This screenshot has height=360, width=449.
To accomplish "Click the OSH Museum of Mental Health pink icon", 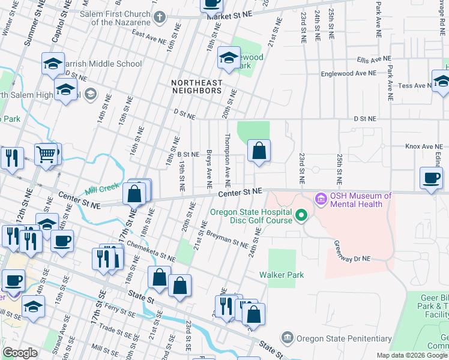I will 321,198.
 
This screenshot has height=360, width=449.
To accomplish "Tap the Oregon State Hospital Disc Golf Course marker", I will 302,214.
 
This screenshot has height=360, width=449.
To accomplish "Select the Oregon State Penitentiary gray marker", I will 287,338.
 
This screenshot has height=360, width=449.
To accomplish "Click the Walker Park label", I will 282,275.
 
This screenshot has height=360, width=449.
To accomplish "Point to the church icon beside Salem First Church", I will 160,16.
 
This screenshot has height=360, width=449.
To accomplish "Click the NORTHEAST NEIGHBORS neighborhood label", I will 196,86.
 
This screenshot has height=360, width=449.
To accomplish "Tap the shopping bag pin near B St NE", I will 259,151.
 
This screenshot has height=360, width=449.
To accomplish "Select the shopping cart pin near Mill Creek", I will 46,154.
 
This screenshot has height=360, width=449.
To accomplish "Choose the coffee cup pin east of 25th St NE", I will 431,178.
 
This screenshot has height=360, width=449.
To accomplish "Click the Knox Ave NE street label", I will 423,146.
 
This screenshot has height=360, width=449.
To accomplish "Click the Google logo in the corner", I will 20,353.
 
